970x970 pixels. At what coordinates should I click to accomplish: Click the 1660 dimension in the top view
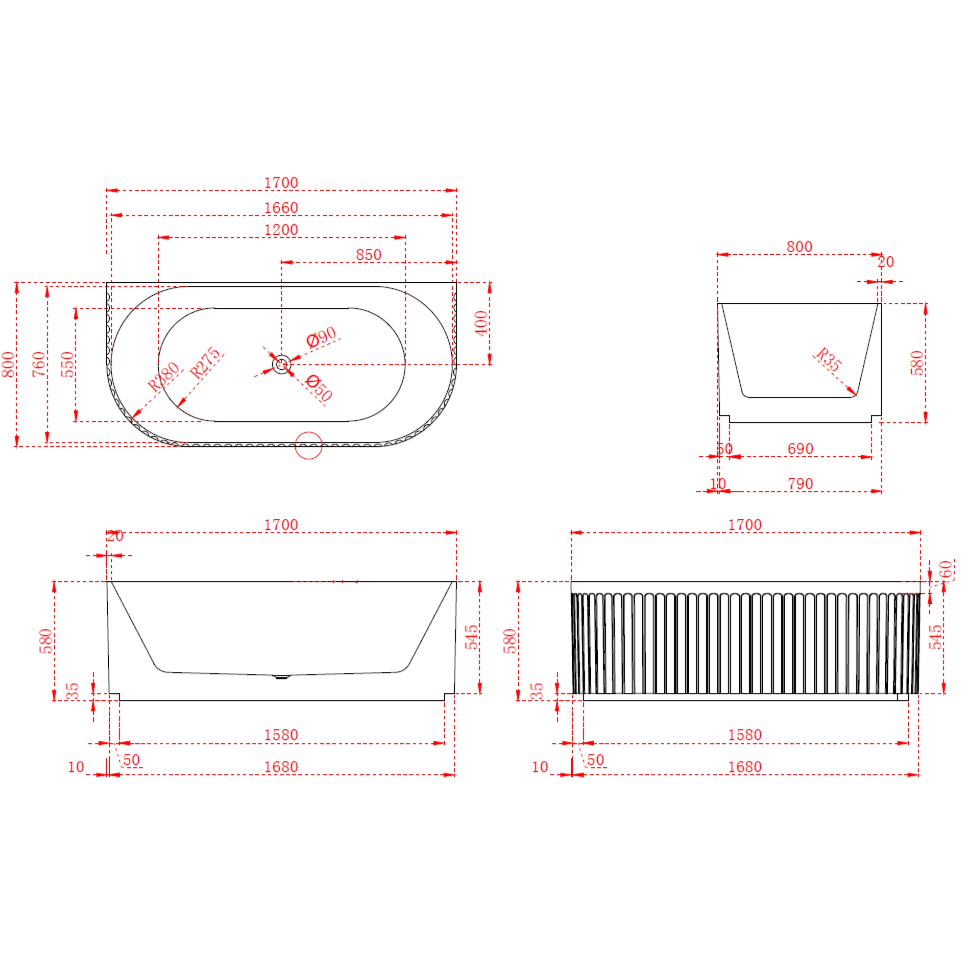pos(281,207)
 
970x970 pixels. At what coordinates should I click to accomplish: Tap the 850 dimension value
pos(369,255)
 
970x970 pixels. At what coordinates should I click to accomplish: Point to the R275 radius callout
pos(205,362)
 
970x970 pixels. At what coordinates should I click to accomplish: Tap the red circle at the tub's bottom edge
pos(308,445)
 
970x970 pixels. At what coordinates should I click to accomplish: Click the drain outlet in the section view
pos(281,677)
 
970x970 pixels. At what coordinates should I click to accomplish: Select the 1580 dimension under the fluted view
pos(745,735)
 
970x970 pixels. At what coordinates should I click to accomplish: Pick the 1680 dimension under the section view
pos(281,767)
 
